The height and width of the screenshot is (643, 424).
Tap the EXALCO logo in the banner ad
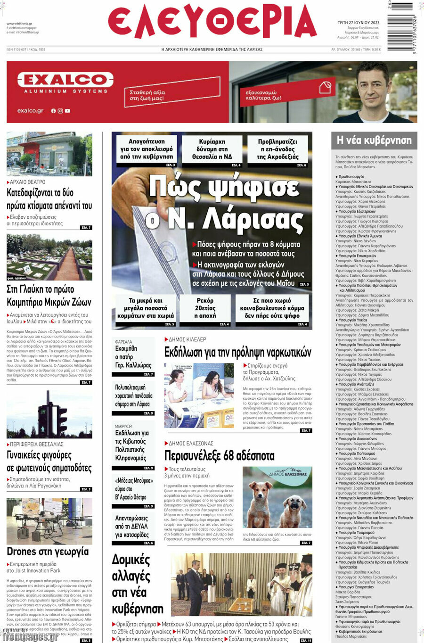65,80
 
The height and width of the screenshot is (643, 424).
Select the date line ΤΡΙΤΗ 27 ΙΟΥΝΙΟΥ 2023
359,22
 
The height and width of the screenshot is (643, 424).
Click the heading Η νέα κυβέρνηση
374,140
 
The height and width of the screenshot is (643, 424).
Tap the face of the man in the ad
372,90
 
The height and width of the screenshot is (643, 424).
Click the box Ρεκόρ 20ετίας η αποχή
205,308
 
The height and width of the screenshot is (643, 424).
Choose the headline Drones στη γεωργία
48,551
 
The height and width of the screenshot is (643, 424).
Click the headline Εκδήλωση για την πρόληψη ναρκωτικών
237,352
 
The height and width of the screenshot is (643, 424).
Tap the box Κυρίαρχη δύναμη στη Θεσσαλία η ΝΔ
212,149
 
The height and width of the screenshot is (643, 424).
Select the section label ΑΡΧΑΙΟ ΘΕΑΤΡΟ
27,181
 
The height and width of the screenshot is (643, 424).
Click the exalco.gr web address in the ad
30,111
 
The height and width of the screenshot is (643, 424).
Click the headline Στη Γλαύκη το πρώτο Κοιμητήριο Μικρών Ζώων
49,296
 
